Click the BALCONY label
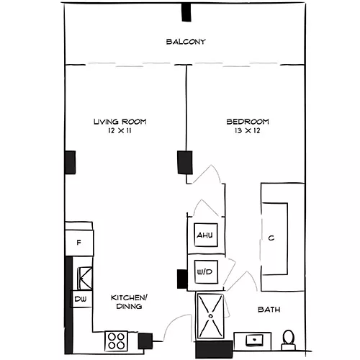click(x=186, y=42)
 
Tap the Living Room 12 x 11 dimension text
click(x=120, y=131)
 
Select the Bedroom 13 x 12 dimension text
click(x=248, y=131)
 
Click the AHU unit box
click(x=206, y=235)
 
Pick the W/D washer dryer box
click(x=206, y=272)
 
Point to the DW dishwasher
click(x=81, y=299)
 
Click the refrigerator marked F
click(x=79, y=243)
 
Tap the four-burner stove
click(x=117, y=341)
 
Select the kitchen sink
click(x=84, y=279)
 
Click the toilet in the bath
click(x=289, y=341)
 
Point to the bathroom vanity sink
click(x=254, y=341)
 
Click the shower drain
click(x=211, y=316)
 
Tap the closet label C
click(x=271, y=238)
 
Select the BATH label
click(x=269, y=310)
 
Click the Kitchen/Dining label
click(x=129, y=302)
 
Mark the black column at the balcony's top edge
click(x=186, y=12)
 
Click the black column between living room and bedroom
click(x=185, y=163)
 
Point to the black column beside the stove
click(x=145, y=341)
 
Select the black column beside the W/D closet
click(x=182, y=279)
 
